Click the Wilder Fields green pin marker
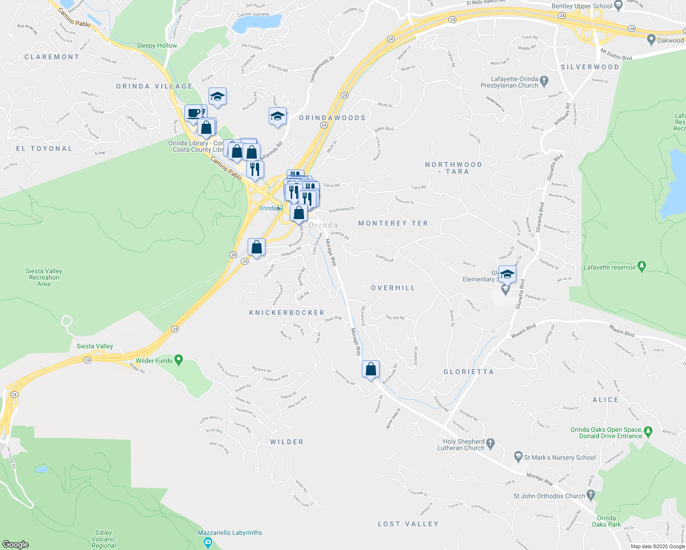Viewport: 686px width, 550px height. point(179,360)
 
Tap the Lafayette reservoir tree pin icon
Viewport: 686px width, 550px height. point(642,266)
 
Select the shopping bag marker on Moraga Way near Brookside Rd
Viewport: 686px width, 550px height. point(371,369)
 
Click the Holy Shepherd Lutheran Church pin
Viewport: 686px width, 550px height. point(491,443)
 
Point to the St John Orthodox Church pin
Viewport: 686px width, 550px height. point(591,495)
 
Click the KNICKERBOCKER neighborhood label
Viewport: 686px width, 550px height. point(287,313)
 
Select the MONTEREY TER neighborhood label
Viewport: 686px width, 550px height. point(393,223)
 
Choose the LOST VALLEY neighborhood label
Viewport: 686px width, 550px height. point(408,524)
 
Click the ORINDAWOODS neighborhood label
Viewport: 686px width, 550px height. point(332,118)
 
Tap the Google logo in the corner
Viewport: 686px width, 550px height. point(15,544)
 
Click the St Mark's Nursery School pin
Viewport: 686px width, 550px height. point(518,456)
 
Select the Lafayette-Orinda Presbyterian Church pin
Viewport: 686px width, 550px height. point(544,81)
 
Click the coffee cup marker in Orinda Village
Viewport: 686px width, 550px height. point(194,113)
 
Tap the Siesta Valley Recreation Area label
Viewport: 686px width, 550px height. point(44,277)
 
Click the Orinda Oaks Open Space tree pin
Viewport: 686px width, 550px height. point(648,431)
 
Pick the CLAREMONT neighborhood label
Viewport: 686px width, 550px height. point(52,57)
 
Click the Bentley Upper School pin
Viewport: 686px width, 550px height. point(618,5)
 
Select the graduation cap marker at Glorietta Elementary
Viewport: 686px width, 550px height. point(507,275)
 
